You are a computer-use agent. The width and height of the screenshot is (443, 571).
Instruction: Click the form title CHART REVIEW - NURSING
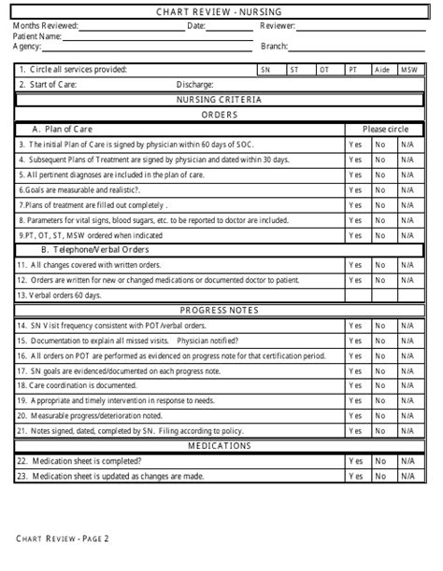point(221,11)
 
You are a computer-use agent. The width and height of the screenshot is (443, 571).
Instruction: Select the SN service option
point(265,70)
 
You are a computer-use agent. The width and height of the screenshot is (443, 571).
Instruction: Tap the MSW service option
point(409,70)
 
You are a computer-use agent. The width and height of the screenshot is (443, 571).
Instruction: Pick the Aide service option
point(381,70)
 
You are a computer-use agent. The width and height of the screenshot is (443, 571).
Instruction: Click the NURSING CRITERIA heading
point(221,100)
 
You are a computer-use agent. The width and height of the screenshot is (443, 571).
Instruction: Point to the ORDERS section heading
point(221,115)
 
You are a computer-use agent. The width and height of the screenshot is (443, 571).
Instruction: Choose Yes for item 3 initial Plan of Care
point(355,145)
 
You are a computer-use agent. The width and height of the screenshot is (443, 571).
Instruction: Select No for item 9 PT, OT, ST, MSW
point(380,236)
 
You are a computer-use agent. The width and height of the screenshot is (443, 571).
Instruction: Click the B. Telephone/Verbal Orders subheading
point(94,250)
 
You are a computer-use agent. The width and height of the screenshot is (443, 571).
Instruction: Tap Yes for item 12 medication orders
point(355,280)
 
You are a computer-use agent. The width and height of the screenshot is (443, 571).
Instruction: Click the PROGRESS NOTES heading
point(221,310)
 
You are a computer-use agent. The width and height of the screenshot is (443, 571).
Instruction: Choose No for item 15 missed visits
point(380,341)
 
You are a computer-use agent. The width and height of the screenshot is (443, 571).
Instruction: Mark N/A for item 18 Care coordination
point(407,385)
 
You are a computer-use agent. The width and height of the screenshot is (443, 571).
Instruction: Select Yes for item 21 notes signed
point(355,430)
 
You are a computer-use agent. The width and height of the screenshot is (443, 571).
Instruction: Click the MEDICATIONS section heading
point(221,446)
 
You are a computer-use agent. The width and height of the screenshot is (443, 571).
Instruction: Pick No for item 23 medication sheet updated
point(380,477)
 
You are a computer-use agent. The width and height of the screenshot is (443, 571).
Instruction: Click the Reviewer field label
point(278,26)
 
